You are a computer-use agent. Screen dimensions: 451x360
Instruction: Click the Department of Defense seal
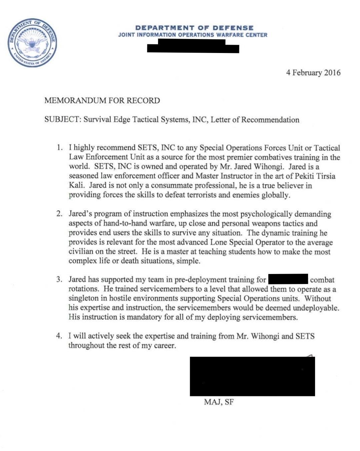[32, 43]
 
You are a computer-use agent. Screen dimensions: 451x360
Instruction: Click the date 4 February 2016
[313, 73]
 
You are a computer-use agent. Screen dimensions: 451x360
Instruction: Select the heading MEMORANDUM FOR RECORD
[102, 101]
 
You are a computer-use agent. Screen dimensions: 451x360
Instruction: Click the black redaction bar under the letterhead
[193, 47]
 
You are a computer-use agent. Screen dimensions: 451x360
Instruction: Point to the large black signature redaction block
[252, 376]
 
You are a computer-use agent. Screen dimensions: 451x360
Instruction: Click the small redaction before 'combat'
[288, 279]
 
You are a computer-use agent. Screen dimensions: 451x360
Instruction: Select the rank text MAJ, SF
[219, 402]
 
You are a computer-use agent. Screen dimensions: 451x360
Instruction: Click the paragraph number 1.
[60, 147]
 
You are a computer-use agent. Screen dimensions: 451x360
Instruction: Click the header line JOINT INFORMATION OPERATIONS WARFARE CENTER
[193, 35]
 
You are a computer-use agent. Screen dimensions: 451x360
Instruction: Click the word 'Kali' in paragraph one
[76, 185]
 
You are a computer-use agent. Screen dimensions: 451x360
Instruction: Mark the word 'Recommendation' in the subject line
[270, 120]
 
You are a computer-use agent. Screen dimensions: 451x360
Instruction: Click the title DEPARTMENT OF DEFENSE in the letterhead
[194, 28]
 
